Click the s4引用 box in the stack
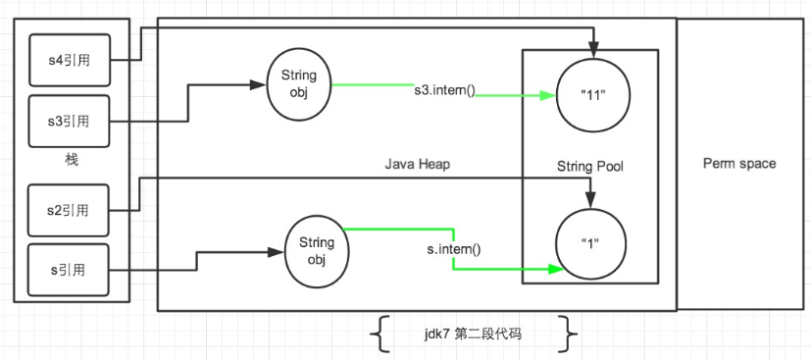coord(69,59)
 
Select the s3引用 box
coord(69,122)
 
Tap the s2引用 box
coord(69,210)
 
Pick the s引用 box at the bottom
coord(69,268)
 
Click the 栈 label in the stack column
coord(71,160)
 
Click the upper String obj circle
coord(299,82)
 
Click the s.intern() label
coord(452,249)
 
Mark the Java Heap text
coord(417,165)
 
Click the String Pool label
coord(588,168)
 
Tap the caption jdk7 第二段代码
coord(475,334)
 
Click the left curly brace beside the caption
coord(377,334)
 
